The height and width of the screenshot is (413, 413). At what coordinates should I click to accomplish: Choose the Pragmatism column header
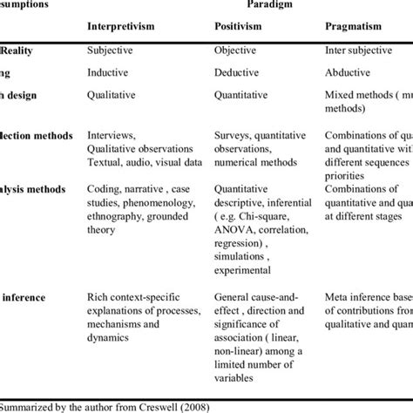point(355,26)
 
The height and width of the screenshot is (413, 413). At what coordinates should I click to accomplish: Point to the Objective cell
point(237,51)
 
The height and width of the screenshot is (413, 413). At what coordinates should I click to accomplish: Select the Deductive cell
point(239,75)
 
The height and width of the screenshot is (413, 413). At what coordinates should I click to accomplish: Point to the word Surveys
point(234,136)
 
